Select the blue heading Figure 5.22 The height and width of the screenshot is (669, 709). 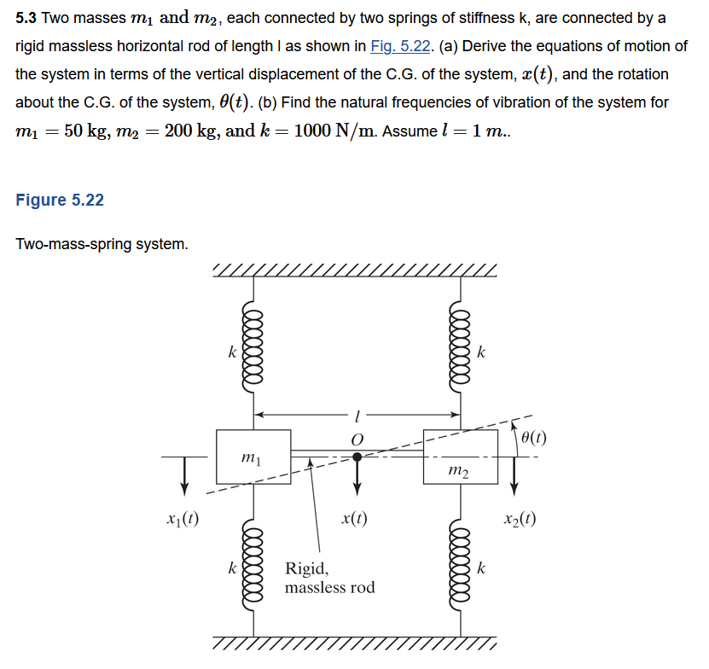[x=60, y=200]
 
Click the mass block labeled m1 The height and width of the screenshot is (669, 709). [x=253, y=457]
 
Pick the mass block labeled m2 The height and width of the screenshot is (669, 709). [x=460, y=457]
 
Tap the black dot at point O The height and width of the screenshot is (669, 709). [x=357, y=457]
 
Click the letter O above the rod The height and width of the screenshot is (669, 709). [x=357, y=438]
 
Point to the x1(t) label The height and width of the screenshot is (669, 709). [x=183, y=518]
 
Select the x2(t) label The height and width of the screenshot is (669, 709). [x=520, y=518]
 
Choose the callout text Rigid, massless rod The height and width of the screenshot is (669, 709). [x=329, y=578]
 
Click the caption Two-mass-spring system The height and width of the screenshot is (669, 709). [x=102, y=245]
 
